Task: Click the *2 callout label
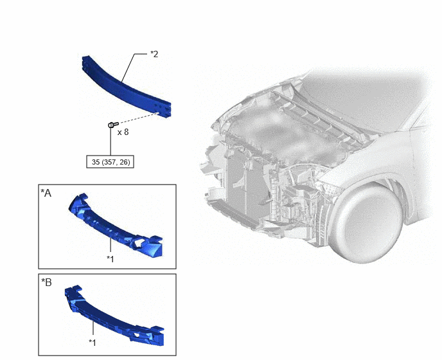[x=154, y=54]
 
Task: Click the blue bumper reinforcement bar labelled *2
[x=125, y=86]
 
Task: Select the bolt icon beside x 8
[x=113, y=124]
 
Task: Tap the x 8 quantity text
[x=123, y=132]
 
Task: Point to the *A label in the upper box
[x=46, y=193]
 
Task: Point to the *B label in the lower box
[x=46, y=282]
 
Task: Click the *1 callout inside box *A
[x=110, y=258]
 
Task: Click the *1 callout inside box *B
[x=93, y=343]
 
